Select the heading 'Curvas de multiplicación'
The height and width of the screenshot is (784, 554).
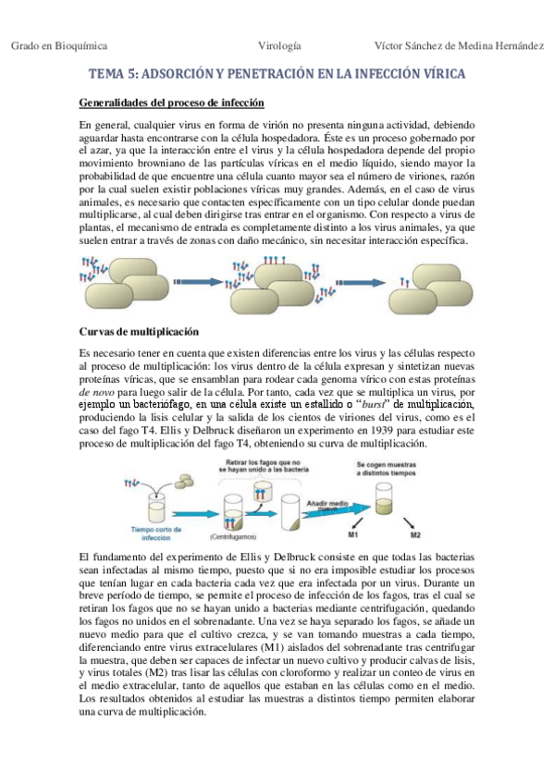(137, 330)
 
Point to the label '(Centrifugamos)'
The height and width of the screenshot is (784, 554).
(232, 535)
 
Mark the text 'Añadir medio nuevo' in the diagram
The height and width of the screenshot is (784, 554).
(323, 500)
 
